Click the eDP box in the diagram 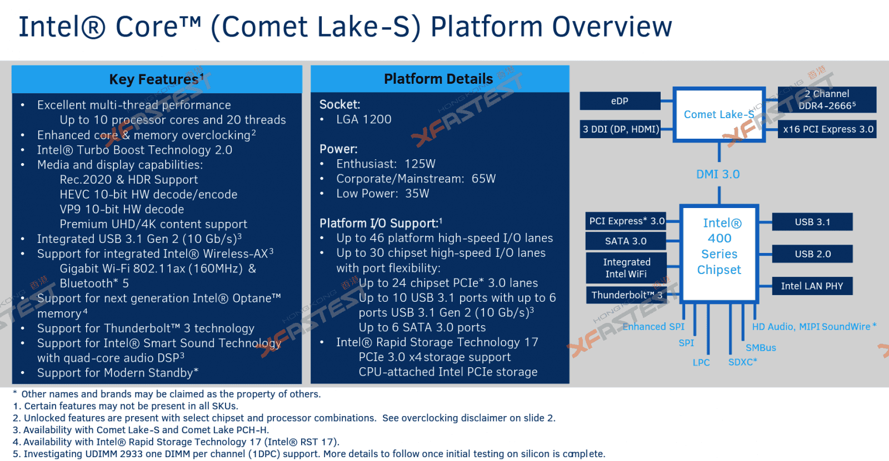tap(620, 101)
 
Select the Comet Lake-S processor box tap(718, 114)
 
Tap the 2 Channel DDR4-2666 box tap(827, 100)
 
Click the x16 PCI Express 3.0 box tap(827, 129)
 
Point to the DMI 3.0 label tap(718, 174)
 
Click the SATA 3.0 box tap(626, 241)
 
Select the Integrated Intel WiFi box tap(626, 268)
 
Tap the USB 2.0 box tap(812, 254)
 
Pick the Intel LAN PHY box tap(812, 286)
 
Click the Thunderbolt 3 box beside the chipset tap(626, 295)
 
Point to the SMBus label tap(760, 348)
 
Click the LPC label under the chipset tap(701, 362)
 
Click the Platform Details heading tap(438, 79)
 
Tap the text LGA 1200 tap(363, 119)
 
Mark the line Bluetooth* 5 tap(94, 283)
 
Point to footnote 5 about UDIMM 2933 tap(308, 454)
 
